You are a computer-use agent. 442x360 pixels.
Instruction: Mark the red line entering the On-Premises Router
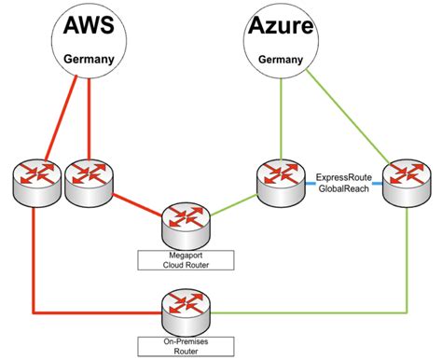93,311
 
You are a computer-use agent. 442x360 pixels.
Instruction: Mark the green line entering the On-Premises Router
298,311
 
